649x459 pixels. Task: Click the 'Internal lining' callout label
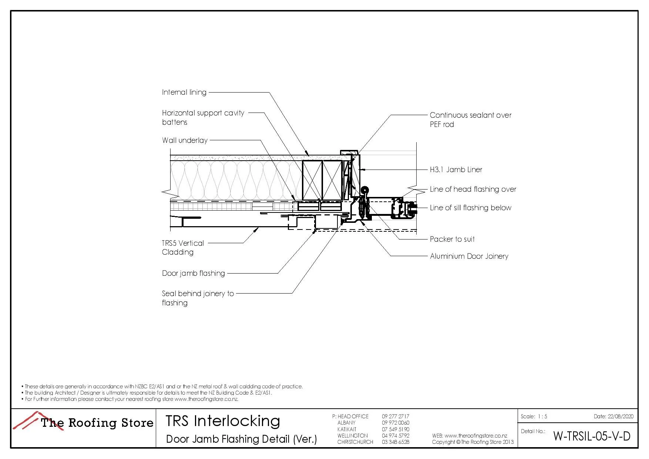click(x=184, y=92)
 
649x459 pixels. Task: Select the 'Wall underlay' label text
click(x=185, y=140)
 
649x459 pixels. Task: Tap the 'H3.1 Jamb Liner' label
click(x=456, y=170)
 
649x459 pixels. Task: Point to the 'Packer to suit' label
click(x=452, y=239)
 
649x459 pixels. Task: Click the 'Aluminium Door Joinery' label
click(x=469, y=256)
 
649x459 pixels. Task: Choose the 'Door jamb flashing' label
click(x=193, y=273)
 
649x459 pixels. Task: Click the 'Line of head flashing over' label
click(x=473, y=189)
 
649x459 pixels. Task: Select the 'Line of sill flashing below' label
click(x=470, y=208)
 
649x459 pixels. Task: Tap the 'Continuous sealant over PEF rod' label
click(x=470, y=120)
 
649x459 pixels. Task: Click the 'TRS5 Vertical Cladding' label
click(x=183, y=248)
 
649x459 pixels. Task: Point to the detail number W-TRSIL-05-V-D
click(x=591, y=436)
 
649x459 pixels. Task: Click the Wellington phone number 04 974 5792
click(x=395, y=436)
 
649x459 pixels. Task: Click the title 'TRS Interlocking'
click(x=223, y=421)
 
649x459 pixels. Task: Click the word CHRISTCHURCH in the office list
click(x=355, y=442)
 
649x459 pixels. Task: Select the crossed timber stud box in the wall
click(x=312, y=181)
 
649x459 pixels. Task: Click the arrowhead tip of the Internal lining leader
click(x=308, y=154)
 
